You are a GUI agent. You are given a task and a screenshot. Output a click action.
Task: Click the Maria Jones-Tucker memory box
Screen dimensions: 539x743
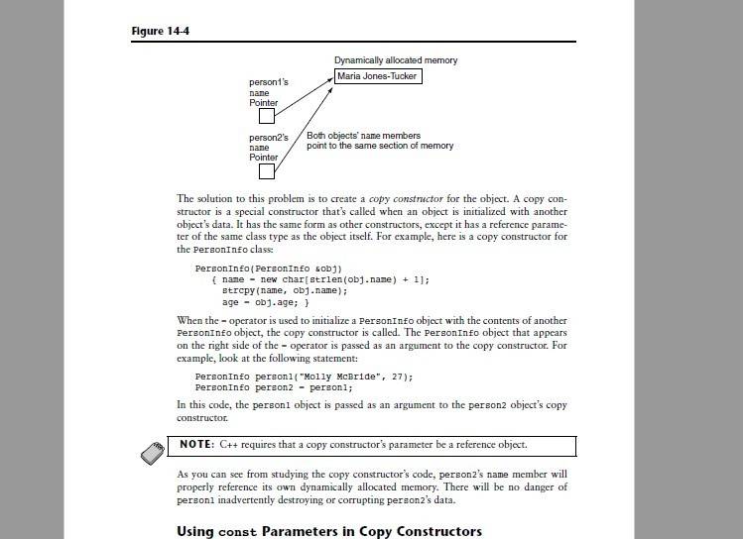click(378, 75)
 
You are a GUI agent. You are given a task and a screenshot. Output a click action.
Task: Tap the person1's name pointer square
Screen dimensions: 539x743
click(266, 116)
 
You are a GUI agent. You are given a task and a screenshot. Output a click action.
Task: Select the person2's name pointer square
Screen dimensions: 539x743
click(266, 171)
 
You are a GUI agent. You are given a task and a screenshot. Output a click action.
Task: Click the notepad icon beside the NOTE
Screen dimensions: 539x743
click(154, 451)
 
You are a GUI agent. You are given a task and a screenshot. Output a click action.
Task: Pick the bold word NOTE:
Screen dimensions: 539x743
click(204, 444)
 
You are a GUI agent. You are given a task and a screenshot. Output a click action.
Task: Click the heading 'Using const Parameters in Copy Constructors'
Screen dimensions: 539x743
click(328, 531)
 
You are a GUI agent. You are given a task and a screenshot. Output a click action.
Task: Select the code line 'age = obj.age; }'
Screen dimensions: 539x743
click(265, 302)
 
